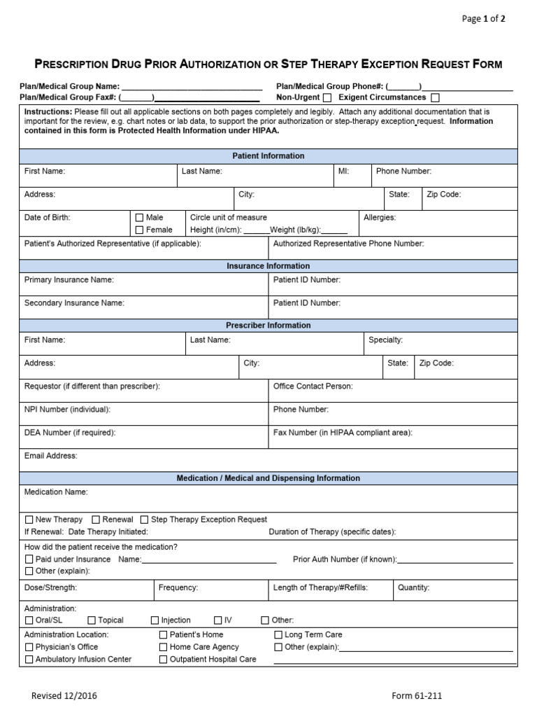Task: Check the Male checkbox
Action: click(139, 218)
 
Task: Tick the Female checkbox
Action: click(139, 230)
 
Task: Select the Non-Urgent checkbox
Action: click(327, 98)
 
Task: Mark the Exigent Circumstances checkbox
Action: click(436, 98)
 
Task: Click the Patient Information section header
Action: click(268, 156)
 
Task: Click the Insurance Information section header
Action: click(268, 266)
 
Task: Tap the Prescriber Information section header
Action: click(268, 326)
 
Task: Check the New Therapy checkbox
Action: click(29, 520)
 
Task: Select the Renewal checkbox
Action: click(96, 520)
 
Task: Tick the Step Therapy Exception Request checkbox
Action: click(144, 520)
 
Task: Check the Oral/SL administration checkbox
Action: click(29, 620)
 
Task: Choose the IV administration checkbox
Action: click(218, 620)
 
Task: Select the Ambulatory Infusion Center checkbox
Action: click(29, 660)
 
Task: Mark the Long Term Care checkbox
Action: click(278, 635)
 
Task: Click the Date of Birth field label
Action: click(48, 218)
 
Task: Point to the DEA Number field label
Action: click(70, 433)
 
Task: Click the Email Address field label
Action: click(51, 456)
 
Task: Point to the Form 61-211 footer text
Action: click(417, 696)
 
